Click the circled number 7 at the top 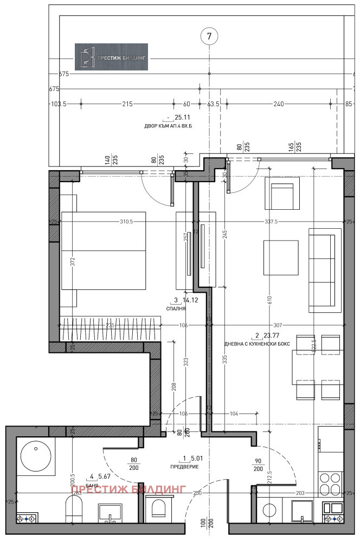point(209,37)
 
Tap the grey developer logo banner point(111,57)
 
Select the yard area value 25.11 point(180,117)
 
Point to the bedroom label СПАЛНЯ point(176,308)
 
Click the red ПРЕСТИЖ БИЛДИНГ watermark point(128,488)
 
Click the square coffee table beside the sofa point(280,258)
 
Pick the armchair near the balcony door point(282,193)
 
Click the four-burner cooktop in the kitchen point(331,486)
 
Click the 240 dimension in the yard point(279,104)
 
